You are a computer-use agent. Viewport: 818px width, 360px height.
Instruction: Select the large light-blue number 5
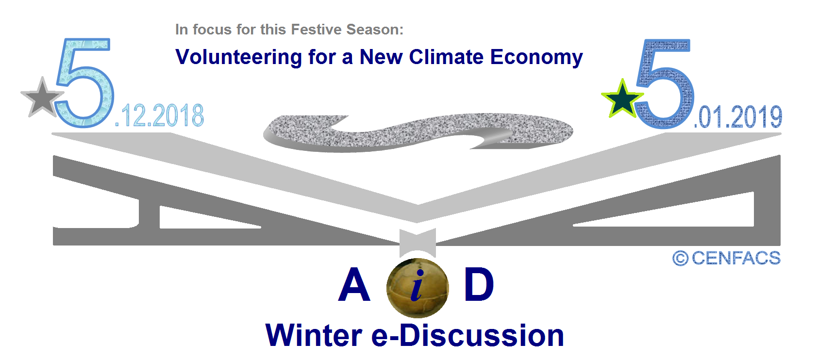(85, 82)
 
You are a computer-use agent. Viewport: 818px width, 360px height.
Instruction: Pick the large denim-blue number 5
(665, 83)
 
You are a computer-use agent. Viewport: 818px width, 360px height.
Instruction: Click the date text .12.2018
(159, 115)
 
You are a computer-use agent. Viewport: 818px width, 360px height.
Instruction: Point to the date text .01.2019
(738, 117)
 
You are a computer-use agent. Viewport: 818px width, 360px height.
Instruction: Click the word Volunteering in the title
(238, 58)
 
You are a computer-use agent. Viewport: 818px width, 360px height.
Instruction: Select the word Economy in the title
(536, 58)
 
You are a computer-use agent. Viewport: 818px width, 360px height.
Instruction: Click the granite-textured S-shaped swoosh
(418, 132)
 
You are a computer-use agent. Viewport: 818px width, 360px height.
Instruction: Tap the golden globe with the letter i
(417, 288)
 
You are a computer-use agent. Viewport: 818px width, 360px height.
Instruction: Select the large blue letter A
(354, 284)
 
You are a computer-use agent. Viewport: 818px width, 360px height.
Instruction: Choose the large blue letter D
(479, 284)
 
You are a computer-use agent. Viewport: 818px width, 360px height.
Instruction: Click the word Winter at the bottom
(314, 335)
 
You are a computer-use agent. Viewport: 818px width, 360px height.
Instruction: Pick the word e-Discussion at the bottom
(467, 335)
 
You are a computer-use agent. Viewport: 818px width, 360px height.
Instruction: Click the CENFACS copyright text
(726, 258)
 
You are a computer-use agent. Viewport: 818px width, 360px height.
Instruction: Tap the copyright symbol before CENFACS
(680, 259)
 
